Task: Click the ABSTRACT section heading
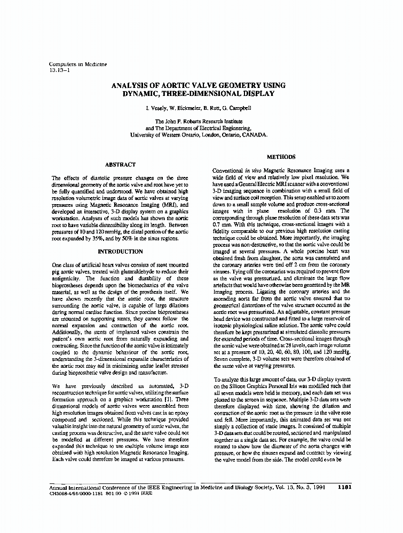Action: (x=120, y=165)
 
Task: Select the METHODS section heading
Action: (x=281, y=157)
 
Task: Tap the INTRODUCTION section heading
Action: (x=120, y=251)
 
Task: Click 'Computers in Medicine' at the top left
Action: (x=78, y=64)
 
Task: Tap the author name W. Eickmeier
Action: (x=185, y=108)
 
